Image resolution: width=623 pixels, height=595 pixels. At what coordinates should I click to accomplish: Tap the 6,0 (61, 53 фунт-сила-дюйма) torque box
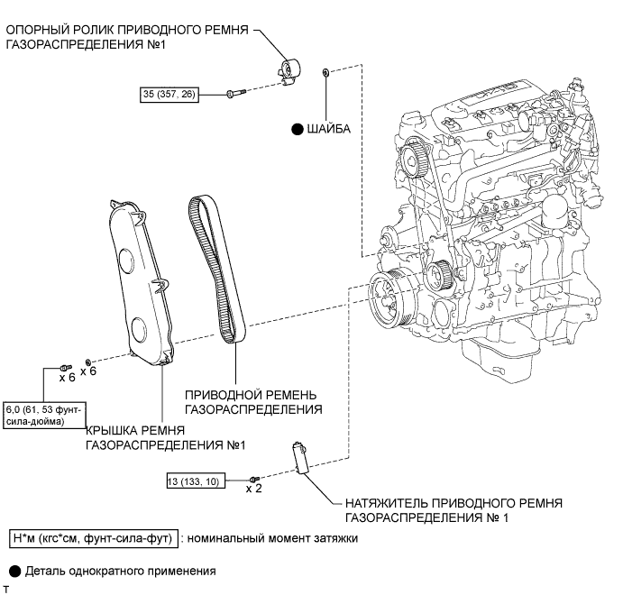pos(44,415)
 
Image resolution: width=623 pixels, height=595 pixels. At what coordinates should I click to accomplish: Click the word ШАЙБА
pos(328,129)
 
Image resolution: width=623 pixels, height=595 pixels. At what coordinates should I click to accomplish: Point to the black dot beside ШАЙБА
pos(298,130)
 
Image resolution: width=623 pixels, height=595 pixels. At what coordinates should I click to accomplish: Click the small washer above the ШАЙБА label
pos(325,72)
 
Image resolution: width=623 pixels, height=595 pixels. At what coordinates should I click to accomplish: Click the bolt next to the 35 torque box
pos(235,94)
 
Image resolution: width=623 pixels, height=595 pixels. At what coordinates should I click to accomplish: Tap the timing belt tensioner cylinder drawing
pos(300,457)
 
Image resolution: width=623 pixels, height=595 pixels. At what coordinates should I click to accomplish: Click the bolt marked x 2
pos(254,479)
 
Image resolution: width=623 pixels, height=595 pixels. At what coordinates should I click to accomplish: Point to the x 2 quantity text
pos(253,489)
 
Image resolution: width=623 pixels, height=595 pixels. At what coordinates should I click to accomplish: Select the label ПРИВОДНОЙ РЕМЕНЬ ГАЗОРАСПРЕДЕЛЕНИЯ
pos(253,402)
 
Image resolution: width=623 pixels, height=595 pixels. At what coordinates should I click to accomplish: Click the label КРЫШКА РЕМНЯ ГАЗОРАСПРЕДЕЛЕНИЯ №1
pos(166,437)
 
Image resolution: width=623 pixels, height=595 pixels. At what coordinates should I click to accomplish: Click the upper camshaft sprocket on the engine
pos(414,158)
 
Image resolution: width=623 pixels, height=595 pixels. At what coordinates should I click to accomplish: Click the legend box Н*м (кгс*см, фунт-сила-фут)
pos(94,538)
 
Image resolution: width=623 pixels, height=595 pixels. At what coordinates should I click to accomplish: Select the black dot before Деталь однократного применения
pos(14,572)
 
